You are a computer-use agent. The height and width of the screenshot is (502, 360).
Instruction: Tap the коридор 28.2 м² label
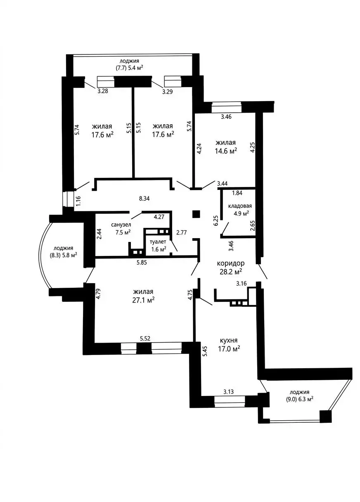coord(230,267)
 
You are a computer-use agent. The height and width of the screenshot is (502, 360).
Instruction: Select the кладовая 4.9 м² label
coord(239,209)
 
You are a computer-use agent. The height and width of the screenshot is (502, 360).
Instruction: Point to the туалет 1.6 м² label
coord(158,245)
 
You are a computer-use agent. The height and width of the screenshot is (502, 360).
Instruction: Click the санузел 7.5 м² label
coord(121,228)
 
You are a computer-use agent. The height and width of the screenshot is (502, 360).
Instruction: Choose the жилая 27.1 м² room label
coord(143,295)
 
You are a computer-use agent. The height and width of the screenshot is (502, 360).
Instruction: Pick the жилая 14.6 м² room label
coord(225,146)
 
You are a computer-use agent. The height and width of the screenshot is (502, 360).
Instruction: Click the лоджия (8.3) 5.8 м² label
coord(63,251)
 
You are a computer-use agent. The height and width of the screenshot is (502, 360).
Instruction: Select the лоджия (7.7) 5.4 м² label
coord(129,64)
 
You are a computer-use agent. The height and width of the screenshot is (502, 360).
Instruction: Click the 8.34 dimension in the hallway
coord(144,198)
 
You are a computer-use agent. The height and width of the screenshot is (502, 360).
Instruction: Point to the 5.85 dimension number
coord(142,262)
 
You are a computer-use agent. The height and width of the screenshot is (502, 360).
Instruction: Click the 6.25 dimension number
coord(216,220)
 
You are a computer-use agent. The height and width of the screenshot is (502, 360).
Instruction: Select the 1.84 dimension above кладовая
coord(237,193)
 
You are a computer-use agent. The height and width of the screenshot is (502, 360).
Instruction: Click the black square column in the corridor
coord(196,214)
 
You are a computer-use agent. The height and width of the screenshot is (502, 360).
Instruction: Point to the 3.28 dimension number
coord(102,91)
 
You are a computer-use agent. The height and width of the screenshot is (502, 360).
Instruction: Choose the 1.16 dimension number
coord(78,201)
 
